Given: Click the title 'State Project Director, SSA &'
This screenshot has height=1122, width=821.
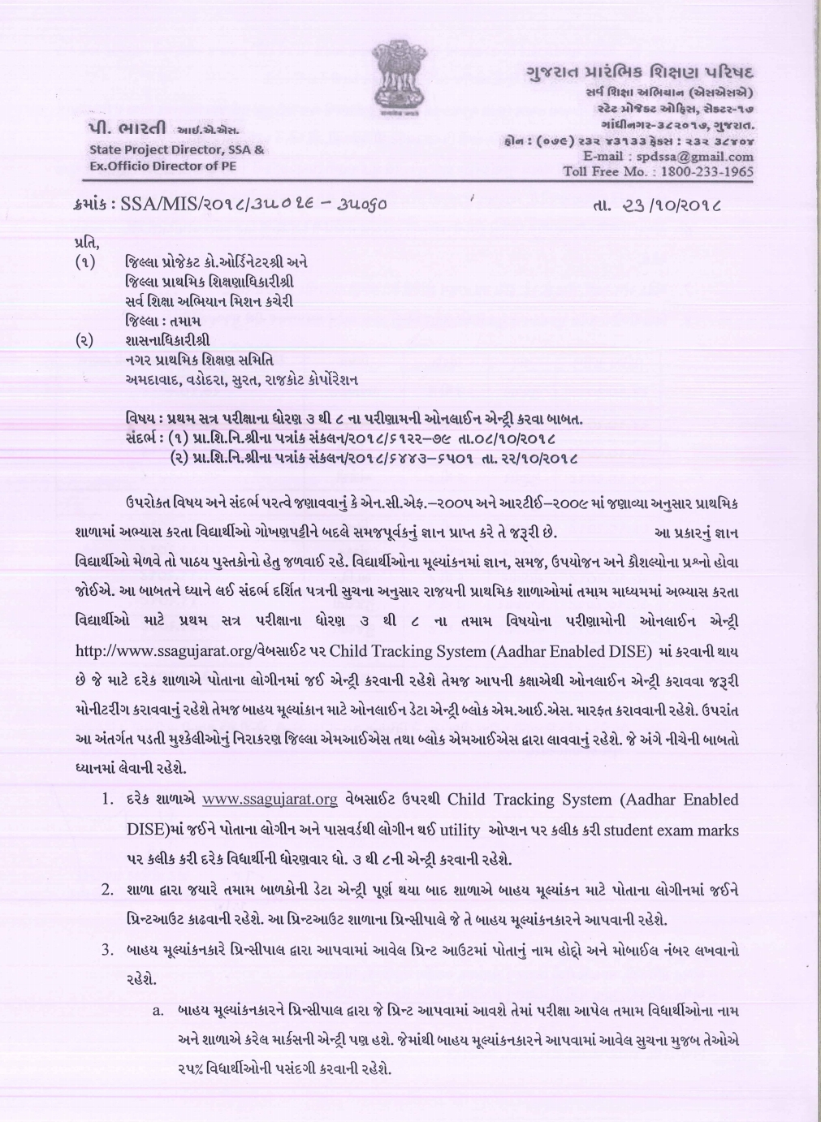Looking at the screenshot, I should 176,150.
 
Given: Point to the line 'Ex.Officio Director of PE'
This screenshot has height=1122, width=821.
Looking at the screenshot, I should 165,166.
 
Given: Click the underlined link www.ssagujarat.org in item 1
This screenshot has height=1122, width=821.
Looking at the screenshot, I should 270,800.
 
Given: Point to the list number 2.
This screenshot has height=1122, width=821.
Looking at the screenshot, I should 106,889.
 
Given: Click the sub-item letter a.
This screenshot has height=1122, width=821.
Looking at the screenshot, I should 158,1011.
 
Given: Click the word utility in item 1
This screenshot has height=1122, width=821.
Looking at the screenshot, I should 460,830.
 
